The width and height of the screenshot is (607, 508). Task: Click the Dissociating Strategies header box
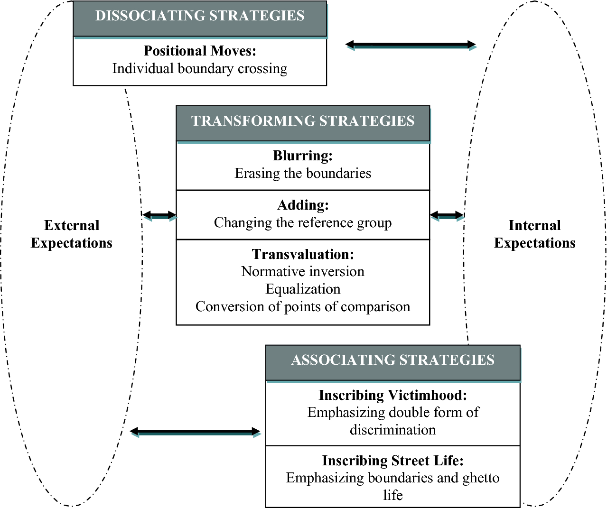click(200, 17)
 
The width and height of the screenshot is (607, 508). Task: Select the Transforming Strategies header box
click(303, 122)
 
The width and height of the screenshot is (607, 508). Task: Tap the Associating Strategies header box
click(392, 361)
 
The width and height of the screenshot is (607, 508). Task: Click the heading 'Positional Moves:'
click(200, 51)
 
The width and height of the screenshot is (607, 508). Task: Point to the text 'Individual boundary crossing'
click(200, 69)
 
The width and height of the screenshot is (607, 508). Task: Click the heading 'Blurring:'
click(303, 156)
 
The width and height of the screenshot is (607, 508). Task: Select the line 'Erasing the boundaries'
click(303, 174)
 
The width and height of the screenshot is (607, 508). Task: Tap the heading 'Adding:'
click(303, 205)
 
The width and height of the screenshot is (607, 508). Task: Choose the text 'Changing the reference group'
click(303, 223)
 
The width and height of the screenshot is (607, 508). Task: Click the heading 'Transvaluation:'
click(303, 254)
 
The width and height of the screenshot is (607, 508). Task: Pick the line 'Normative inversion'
click(303, 272)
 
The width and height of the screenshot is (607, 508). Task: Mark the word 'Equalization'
click(303, 289)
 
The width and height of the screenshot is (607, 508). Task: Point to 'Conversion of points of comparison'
click(303, 307)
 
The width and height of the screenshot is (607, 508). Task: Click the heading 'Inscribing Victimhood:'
click(392, 395)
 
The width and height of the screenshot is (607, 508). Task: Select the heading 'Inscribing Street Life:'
click(392, 461)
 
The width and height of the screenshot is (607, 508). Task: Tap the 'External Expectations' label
click(72, 234)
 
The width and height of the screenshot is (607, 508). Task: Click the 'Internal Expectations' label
click(534, 234)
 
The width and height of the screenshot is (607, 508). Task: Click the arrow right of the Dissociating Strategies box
click(411, 45)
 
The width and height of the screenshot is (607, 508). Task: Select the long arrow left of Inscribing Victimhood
click(195, 432)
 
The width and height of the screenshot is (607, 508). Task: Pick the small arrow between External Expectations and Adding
click(159, 216)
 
